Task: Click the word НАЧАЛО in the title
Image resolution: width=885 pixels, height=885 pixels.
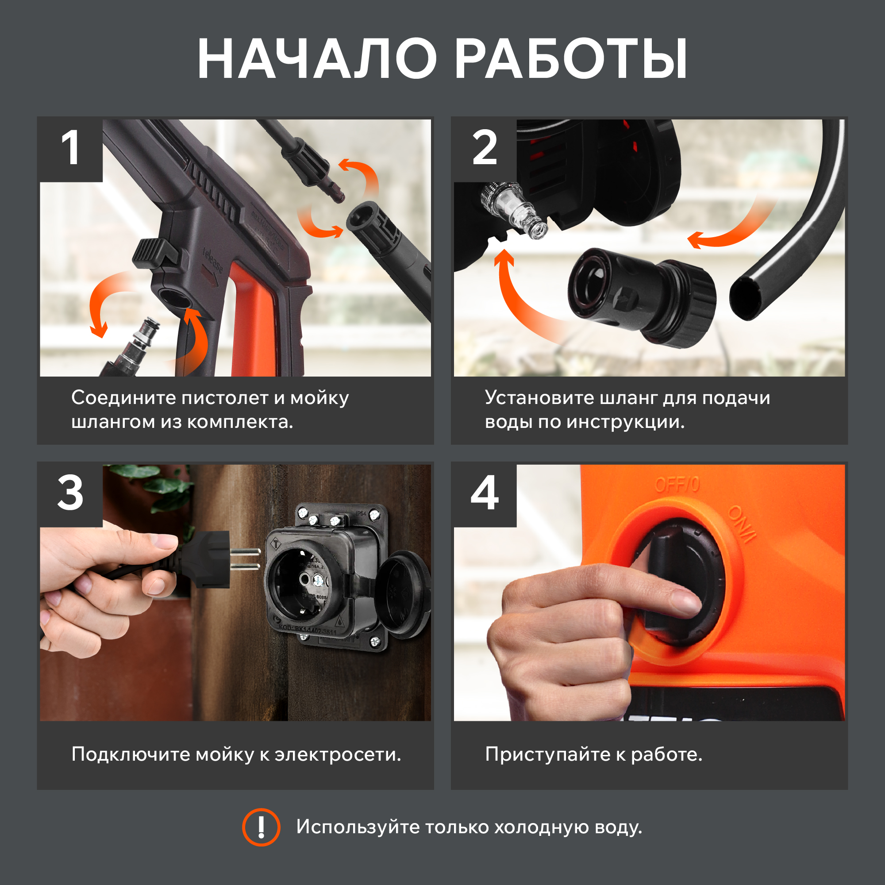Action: tap(316, 59)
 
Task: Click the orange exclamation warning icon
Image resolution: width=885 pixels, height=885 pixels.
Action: tap(261, 827)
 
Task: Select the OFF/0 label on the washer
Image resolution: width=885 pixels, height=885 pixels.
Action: tap(677, 485)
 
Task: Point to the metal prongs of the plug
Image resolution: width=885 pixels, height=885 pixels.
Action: tap(245, 559)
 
